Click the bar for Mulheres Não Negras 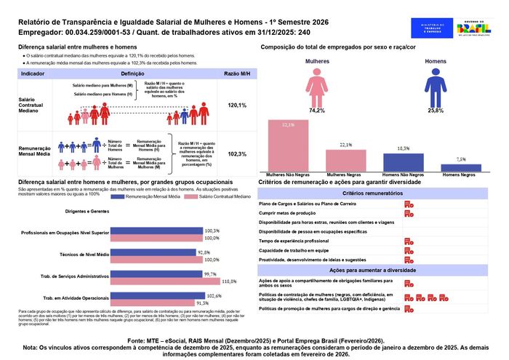tap(288, 145)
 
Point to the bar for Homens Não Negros tap(404, 162)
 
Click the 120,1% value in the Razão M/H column tap(237, 105)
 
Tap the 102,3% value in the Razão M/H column tap(237, 154)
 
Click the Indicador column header tap(33, 75)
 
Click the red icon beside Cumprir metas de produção tap(409, 214)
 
